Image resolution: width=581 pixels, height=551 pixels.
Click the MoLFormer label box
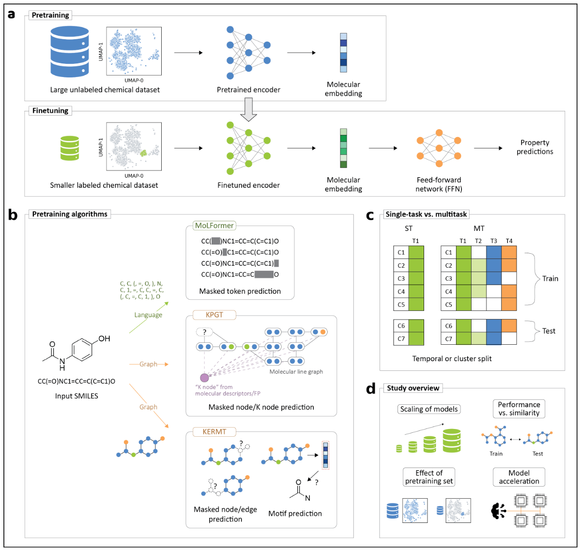tap(214, 226)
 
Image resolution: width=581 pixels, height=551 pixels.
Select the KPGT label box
tap(214, 315)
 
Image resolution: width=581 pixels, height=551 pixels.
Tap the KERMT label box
tap(214, 431)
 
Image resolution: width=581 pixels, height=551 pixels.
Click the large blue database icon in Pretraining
tap(70, 51)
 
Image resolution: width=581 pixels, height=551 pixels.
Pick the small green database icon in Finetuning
tap(70, 148)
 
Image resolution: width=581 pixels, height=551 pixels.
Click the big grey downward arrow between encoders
tap(248, 109)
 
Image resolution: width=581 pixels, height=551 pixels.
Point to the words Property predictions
tap(535, 147)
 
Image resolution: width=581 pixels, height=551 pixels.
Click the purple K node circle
tap(204, 377)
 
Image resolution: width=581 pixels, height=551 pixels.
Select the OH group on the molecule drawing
tap(104, 338)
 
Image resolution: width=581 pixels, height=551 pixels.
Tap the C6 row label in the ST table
tap(401, 326)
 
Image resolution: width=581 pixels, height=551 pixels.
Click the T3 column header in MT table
tap(493, 241)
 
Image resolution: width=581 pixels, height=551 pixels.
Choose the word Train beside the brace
tap(550, 278)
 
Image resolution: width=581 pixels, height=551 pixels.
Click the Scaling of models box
tap(429, 409)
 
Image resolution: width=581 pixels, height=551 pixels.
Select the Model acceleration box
tap(519, 477)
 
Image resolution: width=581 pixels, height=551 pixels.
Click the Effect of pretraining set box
tap(429, 477)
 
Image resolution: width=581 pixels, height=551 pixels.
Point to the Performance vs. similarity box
tap(519, 409)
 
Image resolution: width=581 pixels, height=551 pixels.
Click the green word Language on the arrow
tap(148, 315)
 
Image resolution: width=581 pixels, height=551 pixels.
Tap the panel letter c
tap(370, 215)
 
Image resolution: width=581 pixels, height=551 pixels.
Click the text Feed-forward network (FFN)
tap(439, 184)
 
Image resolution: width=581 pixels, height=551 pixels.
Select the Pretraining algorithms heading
tap(70, 214)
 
